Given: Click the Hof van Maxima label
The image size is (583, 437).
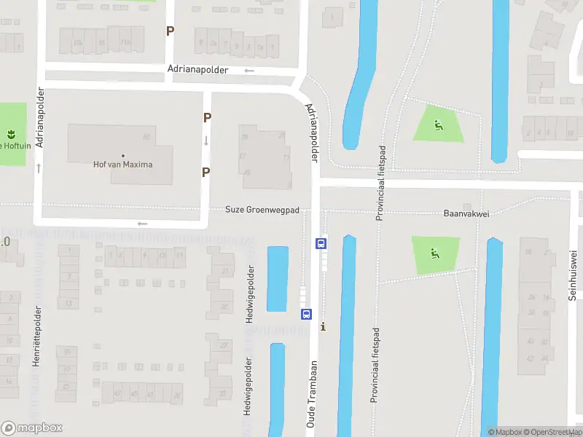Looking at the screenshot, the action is pyautogui.click(x=123, y=164).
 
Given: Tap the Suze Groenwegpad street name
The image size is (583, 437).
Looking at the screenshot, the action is pyautogui.click(x=262, y=210).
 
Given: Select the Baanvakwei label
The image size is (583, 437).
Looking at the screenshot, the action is pyautogui.click(x=465, y=214).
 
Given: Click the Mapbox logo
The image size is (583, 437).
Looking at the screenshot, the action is pyautogui.click(x=32, y=428).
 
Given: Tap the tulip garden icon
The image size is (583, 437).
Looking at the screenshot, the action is pyautogui.click(x=12, y=133).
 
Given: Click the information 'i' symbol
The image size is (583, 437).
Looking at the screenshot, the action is pyautogui.click(x=323, y=327).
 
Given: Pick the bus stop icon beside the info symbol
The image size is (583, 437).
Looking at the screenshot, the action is pyautogui.click(x=306, y=315).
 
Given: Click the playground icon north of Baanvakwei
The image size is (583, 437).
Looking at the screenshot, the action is pyautogui.click(x=437, y=126).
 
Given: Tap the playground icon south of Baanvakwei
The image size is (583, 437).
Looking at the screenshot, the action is pyautogui.click(x=435, y=254).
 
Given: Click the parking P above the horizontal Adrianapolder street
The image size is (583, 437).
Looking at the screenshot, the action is pyautogui.click(x=171, y=31).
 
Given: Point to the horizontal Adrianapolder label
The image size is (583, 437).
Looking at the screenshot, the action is pyautogui.click(x=197, y=70).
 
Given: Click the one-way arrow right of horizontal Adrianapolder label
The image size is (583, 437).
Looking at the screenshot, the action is pyautogui.click(x=249, y=71).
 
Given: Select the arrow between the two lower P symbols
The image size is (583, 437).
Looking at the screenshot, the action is pyautogui.click(x=206, y=141).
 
